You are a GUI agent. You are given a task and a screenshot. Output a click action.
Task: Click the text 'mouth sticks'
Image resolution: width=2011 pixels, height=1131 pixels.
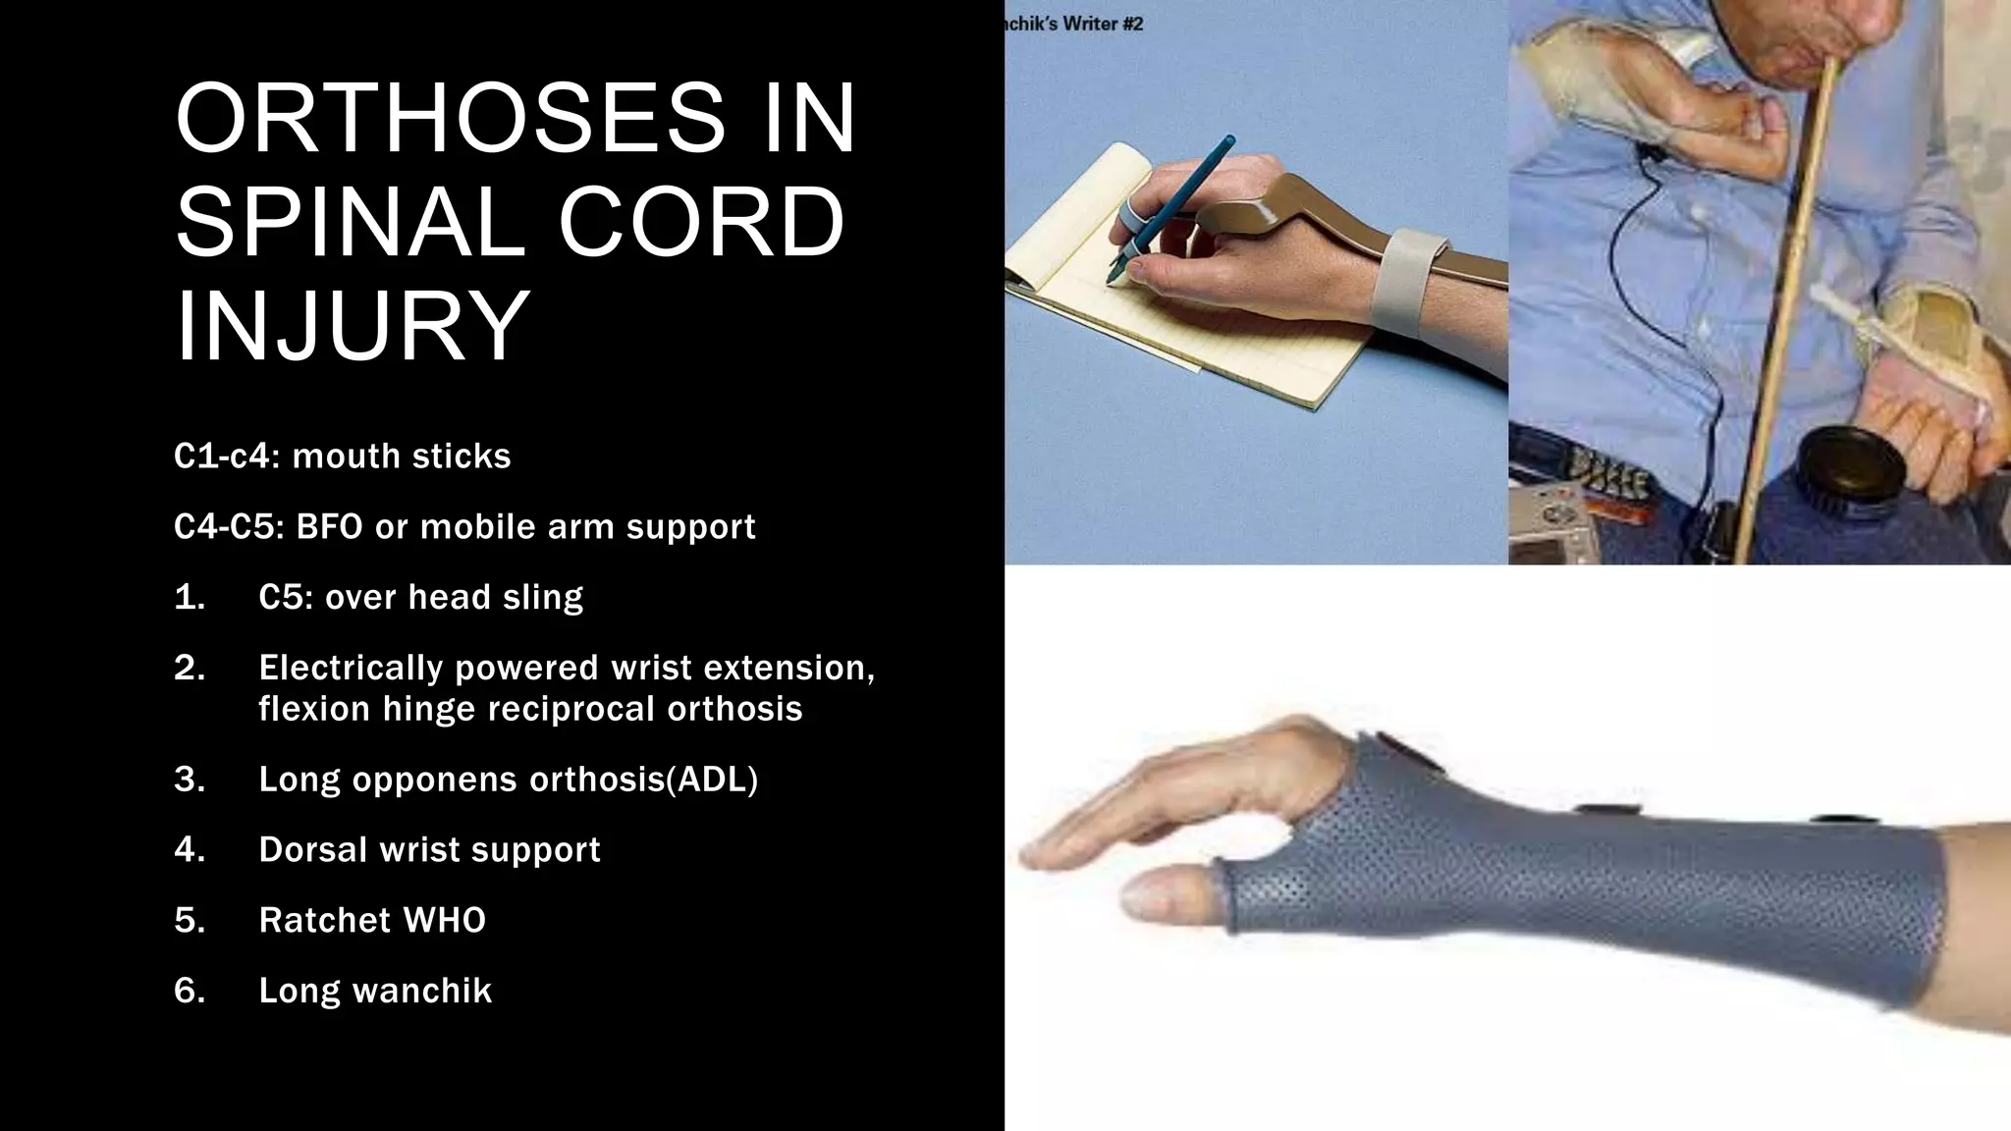point(402,457)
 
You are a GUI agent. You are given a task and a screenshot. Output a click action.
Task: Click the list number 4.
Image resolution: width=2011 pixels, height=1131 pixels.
point(190,849)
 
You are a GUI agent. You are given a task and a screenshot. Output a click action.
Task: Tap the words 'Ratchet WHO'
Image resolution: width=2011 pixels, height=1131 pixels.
point(372,920)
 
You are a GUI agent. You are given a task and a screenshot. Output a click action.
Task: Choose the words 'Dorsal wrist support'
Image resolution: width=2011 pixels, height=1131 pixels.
point(429,849)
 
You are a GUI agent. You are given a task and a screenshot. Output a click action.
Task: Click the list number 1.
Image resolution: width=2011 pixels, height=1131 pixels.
point(190,597)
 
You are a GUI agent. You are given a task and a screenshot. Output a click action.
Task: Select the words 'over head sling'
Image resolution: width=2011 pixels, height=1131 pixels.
point(454,597)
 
